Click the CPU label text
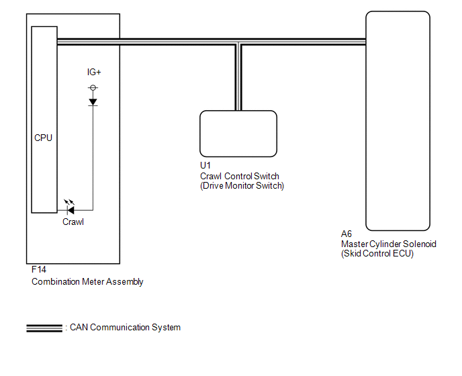click(x=43, y=138)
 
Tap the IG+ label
click(x=94, y=72)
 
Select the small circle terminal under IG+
click(x=93, y=87)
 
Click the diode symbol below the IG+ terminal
click(x=93, y=102)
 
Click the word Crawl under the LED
click(x=73, y=222)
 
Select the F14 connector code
click(x=39, y=269)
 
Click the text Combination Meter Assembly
click(x=87, y=282)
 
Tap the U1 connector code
click(x=205, y=165)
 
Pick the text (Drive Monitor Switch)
click(x=242, y=185)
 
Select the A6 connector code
click(x=346, y=234)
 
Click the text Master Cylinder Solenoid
click(x=389, y=244)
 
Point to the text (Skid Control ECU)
click(x=377, y=254)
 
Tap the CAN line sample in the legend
click(x=44, y=328)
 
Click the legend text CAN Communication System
click(x=125, y=328)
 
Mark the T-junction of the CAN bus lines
click(x=238, y=42)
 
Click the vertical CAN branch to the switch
click(x=238, y=77)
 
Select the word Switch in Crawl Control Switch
click(x=267, y=176)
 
